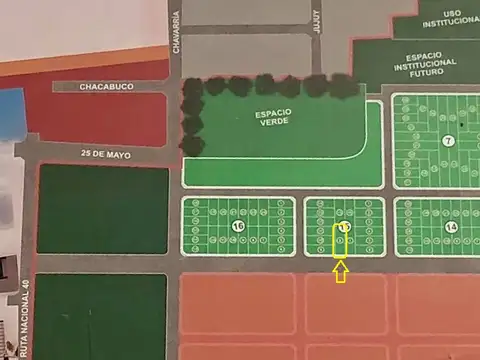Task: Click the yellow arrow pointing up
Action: (x=341, y=271)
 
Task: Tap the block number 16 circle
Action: (x=238, y=226)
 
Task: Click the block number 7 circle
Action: (x=449, y=141)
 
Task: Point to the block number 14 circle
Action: (x=451, y=227)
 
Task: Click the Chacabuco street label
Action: (x=106, y=87)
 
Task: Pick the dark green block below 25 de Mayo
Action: (x=102, y=209)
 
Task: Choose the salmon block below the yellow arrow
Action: (x=345, y=304)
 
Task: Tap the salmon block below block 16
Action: (x=237, y=304)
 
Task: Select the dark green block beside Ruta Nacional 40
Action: (x=100, y=315)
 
